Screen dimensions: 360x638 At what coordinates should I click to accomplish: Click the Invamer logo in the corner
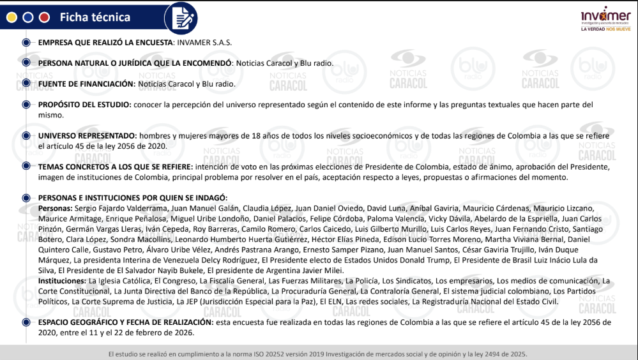(x=605, y=15)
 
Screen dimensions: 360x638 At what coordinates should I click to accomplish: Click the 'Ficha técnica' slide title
(x=95, y=17)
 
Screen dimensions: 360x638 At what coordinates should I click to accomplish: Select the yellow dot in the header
(x=11, y=17)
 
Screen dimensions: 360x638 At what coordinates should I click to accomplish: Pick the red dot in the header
(x=44, y=17)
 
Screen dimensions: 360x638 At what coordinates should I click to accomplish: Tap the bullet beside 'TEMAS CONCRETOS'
(x=26, y=167)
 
